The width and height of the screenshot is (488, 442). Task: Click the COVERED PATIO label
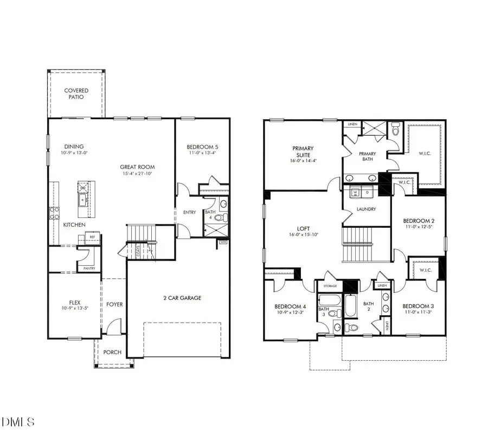(76, 94)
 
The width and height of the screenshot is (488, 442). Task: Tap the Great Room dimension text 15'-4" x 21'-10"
(137, 175)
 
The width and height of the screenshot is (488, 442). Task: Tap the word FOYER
(114, 304)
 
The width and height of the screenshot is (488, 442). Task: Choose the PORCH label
(112, 352)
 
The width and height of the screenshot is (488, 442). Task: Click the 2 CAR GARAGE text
(182, 298)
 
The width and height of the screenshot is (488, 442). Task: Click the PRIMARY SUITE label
(303, 151)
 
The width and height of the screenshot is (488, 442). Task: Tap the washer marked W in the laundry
(356, 192)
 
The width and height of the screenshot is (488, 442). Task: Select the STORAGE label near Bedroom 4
(330, 286)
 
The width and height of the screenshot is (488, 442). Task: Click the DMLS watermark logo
(17, 421)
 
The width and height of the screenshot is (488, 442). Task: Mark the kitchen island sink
(84, 200)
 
